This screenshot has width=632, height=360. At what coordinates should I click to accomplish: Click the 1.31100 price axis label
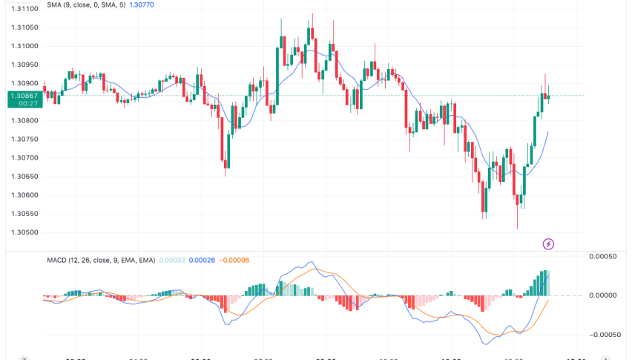click(24, 9)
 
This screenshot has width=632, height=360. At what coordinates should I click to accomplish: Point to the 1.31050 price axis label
click(24, 27)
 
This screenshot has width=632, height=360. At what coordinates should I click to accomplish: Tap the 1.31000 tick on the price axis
click(24, 46)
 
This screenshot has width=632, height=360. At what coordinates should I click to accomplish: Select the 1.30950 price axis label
click(24, 65)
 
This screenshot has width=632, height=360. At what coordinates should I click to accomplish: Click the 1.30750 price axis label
click(24, 139)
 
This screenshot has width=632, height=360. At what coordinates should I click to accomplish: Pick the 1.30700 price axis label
click(24, 157)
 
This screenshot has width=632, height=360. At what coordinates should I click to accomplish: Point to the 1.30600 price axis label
click(24, 194)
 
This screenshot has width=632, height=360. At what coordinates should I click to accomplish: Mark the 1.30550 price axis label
click(24, 213)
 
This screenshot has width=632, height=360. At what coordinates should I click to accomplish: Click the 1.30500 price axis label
click(24, 232)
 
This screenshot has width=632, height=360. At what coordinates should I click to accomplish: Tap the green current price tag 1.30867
click(23, 96)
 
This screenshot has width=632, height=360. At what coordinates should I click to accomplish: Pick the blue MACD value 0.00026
click(202, 260)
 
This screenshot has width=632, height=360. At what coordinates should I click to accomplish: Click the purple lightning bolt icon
click(548, 243)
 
